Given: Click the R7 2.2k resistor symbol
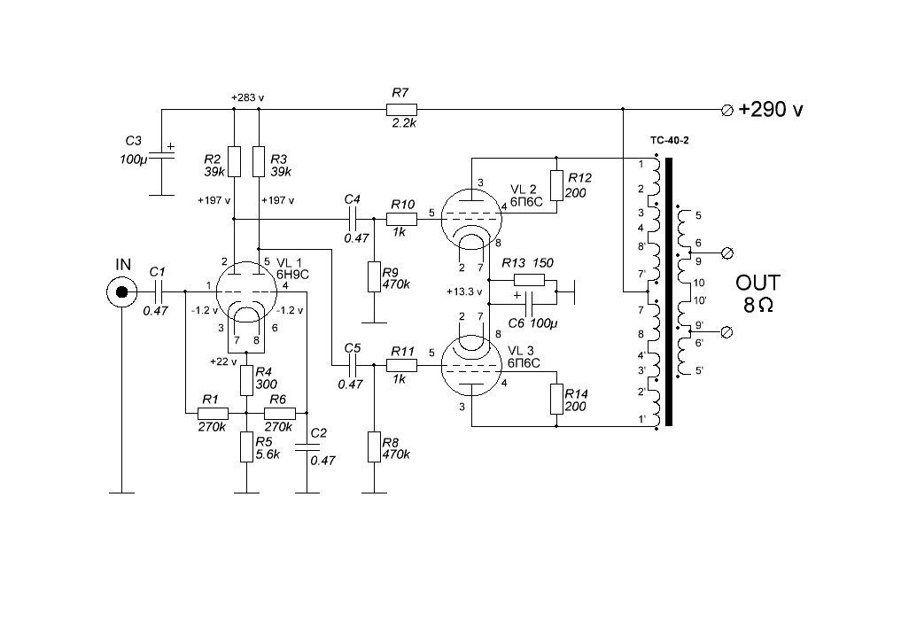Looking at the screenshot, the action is (401, 109).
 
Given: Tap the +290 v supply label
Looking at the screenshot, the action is (771, 109).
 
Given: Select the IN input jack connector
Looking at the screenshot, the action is (122, 292).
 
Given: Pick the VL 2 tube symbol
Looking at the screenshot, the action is (471, 218).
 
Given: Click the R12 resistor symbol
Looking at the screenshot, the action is (556, 185).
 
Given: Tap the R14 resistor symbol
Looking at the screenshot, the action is (556, 400).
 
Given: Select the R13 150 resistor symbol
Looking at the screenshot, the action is (529, 280).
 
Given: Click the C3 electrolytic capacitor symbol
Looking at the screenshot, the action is (162, 151).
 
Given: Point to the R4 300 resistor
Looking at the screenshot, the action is (246, 380).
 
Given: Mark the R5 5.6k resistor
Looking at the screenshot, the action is (246, 447).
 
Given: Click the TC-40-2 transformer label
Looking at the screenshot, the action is (670, 140).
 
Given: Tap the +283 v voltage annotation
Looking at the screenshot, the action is (248, 97).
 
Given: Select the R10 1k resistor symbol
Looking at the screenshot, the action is (401, 219).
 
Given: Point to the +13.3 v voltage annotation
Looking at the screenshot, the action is (464, 291).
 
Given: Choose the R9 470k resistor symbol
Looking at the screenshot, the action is (374, 276).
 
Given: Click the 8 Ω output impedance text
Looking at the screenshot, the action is (757, 305).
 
